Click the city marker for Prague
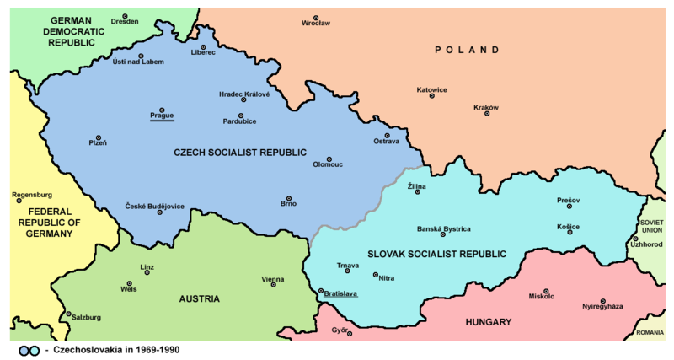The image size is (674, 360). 162,109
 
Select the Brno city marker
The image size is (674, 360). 288,199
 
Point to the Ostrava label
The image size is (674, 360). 387,142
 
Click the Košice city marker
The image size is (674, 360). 569,232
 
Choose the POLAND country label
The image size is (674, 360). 467,51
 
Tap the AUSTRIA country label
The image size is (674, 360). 200,298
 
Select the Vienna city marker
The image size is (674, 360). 273,286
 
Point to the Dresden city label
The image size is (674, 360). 124,23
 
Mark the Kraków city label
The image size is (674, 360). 487,107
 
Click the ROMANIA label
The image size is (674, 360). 650,333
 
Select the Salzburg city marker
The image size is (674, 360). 69,311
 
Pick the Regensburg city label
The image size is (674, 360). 32,195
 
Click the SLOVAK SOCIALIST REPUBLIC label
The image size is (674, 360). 437,254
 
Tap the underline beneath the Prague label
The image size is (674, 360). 162,121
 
